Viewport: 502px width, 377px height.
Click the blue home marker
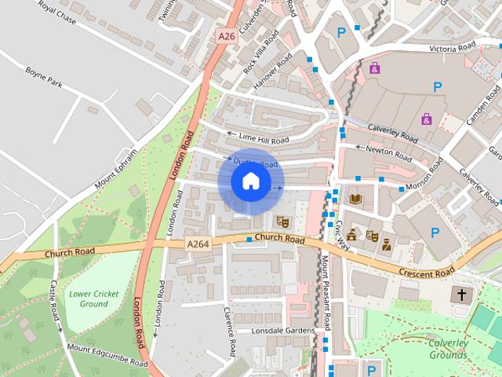pyautogui.click(x=249, y=181)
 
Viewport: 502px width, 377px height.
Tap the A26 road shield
pyautogui.click(x=227, y=36)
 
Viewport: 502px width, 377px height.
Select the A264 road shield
pyautogui.click(x=198, y=244)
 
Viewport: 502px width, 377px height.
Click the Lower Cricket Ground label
pyautogui.click(x=93, y=298)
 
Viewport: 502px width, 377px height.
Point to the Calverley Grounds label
pyautogui.click(x=447, y=348)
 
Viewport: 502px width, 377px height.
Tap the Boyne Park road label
pyautogui.click(x=43, y=80)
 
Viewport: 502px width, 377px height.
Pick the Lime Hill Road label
pyautogui.click(x=257, y=138)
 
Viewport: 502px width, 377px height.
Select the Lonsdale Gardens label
pyautogui.click(x=282, y=331)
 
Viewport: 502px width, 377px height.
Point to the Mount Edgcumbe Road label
pyautogui.click(x=107, y=355)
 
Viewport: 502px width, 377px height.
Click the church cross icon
pyautogui.click(x=461, y=296)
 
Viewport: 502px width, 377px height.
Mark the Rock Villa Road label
pyautogui.click(x=260, y=53)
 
